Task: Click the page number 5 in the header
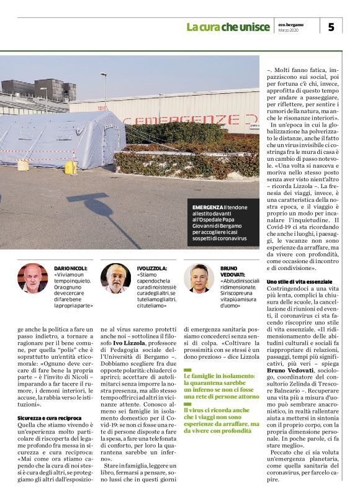click(331, 27)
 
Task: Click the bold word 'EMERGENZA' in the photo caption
click(207, 206)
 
